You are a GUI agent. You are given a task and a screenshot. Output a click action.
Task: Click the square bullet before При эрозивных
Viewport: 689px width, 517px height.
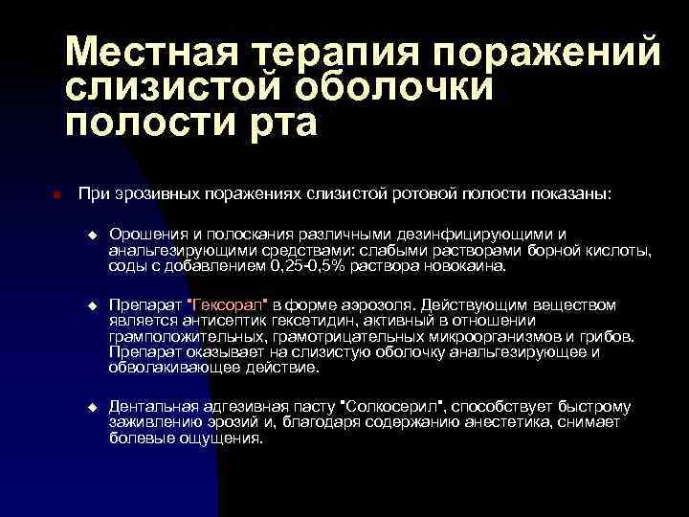click(x=56, y=195)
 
